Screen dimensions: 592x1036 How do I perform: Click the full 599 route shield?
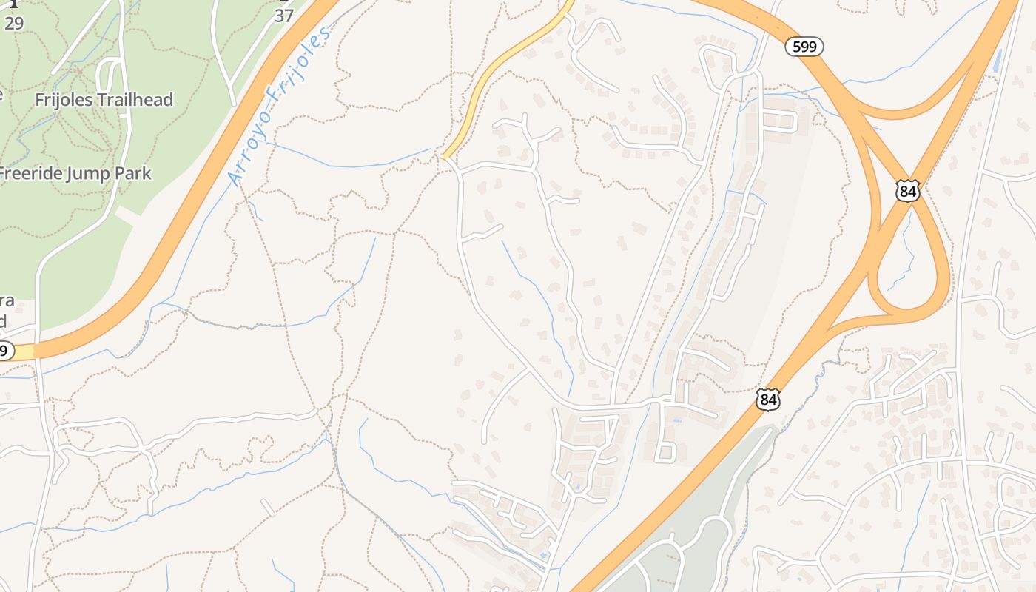tap(804, 47)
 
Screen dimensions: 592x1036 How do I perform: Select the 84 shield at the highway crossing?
tap(907, 192)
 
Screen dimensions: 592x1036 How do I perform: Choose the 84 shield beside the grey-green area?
tap(768, 400)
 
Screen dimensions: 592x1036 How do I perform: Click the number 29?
tap(13, 23)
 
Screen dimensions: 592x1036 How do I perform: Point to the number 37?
tap(284, 16)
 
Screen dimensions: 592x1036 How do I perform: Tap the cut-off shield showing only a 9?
tap(5, 351)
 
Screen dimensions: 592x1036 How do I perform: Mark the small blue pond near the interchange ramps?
tap(997, 61)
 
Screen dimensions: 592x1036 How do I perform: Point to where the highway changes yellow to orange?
tap(34, 351)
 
